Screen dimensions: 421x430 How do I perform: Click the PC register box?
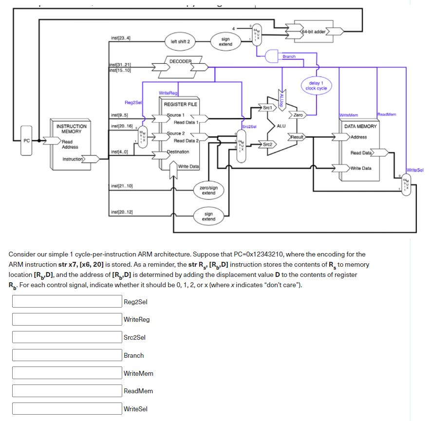click(x=27, y=141)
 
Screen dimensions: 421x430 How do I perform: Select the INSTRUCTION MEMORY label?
click(x=72, y=128)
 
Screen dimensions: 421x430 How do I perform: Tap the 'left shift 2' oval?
click(x=180, y=42)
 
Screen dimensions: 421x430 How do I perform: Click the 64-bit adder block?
click(x=314, y=32)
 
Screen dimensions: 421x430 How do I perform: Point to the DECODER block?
click(x=180, y=61)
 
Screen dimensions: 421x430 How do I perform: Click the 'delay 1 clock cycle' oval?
click(x=316, y=86)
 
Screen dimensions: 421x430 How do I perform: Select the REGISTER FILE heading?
click(x=180, y=104)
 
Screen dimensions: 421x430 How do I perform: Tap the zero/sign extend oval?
click(x=208, y=190)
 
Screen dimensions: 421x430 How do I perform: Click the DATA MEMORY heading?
click(x=360, y=126)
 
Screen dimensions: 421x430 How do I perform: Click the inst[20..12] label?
click(x=122, y=212)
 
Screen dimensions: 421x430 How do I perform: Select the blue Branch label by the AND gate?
click(x=289, y=56)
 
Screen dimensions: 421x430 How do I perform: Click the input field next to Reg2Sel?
click(x=67, y=302)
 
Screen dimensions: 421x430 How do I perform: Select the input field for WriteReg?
click(x=67, y=319)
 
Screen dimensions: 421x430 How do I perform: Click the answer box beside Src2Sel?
click(x=67, y=337)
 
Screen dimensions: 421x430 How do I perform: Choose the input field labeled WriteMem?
click(x=67, y=373)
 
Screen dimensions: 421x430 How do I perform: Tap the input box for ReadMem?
click(x=67, y=391)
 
